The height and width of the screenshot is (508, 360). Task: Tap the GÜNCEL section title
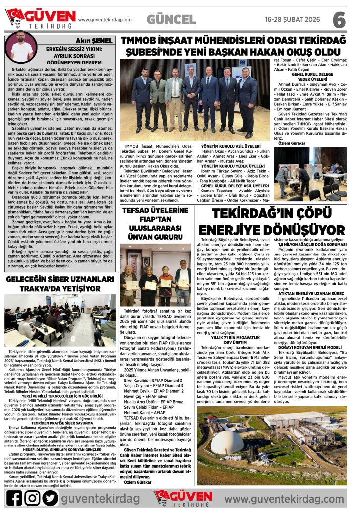click(171, 19)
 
